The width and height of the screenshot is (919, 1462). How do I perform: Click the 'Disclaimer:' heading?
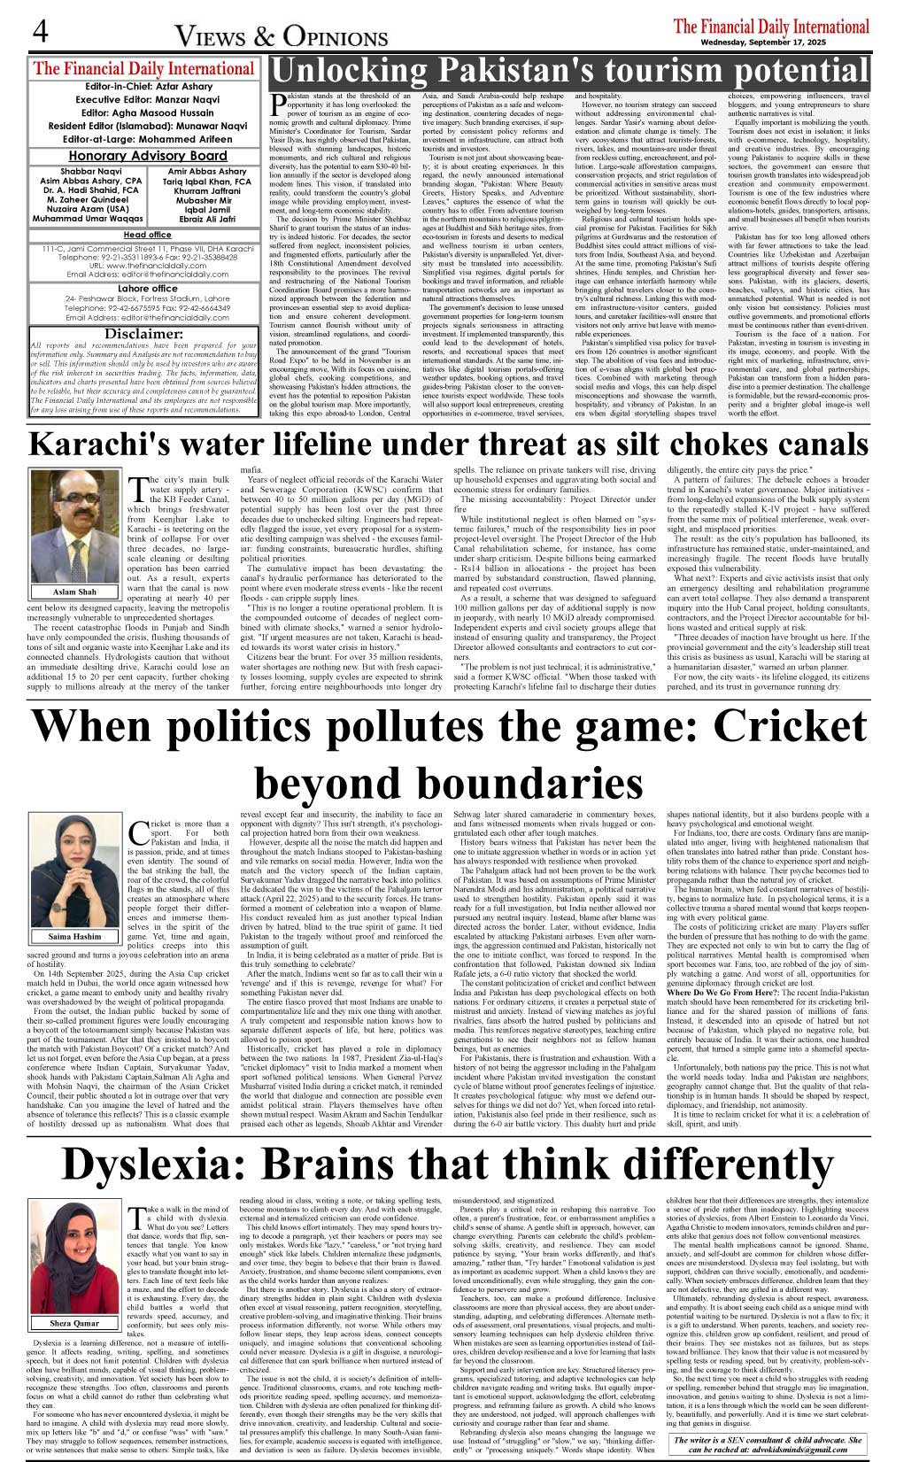(143, 334)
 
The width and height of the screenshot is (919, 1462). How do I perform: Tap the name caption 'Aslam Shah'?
(75, 592)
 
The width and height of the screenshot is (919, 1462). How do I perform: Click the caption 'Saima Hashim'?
(75, 936)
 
